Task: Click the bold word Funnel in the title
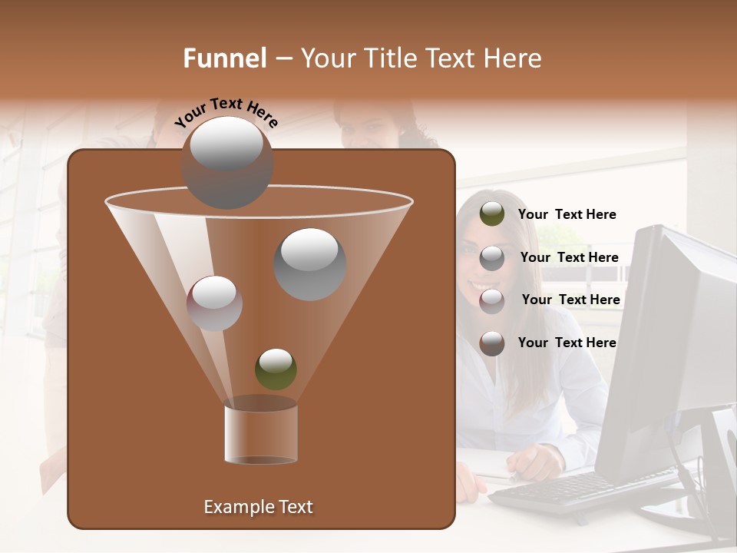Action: click(224, 58)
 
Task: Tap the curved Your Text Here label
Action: click(226, 113)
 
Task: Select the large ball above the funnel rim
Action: click(226, 162)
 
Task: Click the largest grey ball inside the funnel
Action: click(310, 263)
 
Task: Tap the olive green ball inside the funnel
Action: click(276, 369)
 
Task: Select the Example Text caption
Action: click(258, 507)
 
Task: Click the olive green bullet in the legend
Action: click(492, 214)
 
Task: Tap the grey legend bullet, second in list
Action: click(492, 258)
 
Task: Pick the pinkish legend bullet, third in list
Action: click(492, 300)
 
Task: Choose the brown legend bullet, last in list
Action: click(492, 343)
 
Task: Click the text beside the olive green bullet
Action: click(567, 215)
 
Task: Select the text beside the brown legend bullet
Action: click(567, 343)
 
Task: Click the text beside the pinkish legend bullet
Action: click(570, 300)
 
